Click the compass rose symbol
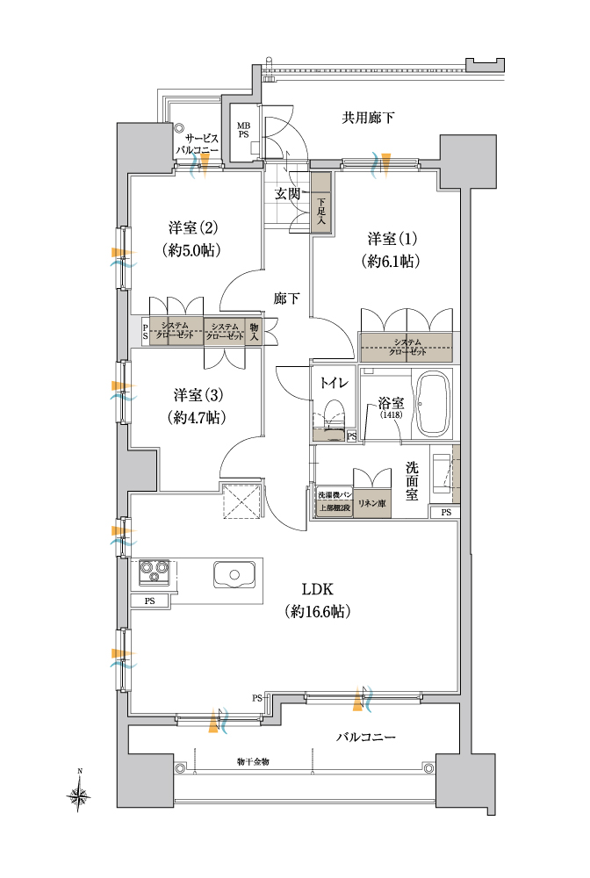click(x=80, y=793)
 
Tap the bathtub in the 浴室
click(x=435, y=403)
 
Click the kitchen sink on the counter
click(x=234, y=574)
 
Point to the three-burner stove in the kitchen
click(x=154, y=572)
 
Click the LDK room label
click(x=318, y=588)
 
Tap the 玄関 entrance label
click(x=287, y=194)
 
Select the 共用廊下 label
click(x=368, y=118)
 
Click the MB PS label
click(x=243, y=130)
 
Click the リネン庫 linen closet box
click(x=371, y=503)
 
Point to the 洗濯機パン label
click(x=335, y=494)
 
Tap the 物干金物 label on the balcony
click(x=253, y=762)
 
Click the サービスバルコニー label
click(x=197, y=145)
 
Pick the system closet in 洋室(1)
click(x=407, y=347)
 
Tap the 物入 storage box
click(x=254, y=332)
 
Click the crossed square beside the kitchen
click(x=241, y=500)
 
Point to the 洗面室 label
click(x=412, y=480)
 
